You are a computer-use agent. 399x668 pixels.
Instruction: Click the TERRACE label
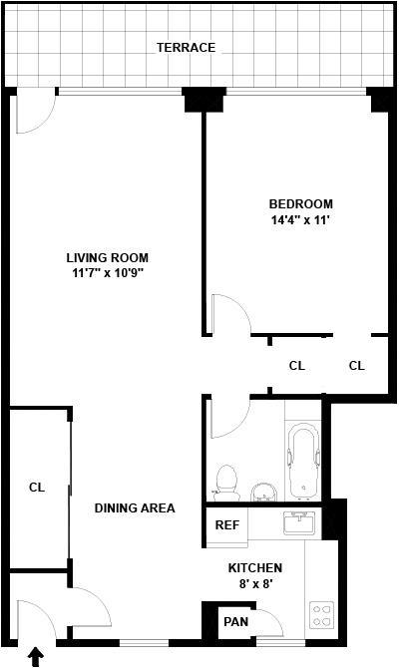coord(186,47)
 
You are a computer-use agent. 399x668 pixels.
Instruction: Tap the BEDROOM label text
coord(301,203)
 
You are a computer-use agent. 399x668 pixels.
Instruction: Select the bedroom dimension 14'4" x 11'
coord(301,220)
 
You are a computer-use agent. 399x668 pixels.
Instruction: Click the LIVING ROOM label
coord(108,258)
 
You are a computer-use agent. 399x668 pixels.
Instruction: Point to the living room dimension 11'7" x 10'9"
coord(108,272)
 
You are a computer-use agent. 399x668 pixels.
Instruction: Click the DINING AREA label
coord(135,507)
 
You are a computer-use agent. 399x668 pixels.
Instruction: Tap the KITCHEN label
coord(255,568)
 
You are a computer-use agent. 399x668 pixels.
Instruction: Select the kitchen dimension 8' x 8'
coord(255,583)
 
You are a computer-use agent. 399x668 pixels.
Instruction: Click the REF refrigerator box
coord(226,525)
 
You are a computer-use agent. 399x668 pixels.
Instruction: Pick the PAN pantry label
coord(235,621)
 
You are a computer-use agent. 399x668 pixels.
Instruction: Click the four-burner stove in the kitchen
coord(322,615)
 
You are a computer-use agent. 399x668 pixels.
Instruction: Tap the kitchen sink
coord(300,522)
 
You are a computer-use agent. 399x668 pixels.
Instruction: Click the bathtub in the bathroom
coord(303,462)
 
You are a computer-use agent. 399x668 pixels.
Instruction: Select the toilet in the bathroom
coord(226,483)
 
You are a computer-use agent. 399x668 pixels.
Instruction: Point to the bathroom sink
coord(264,493)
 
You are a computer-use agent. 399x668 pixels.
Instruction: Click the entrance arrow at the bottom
coord(37,656)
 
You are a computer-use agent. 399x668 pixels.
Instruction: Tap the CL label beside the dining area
coord(37,487)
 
